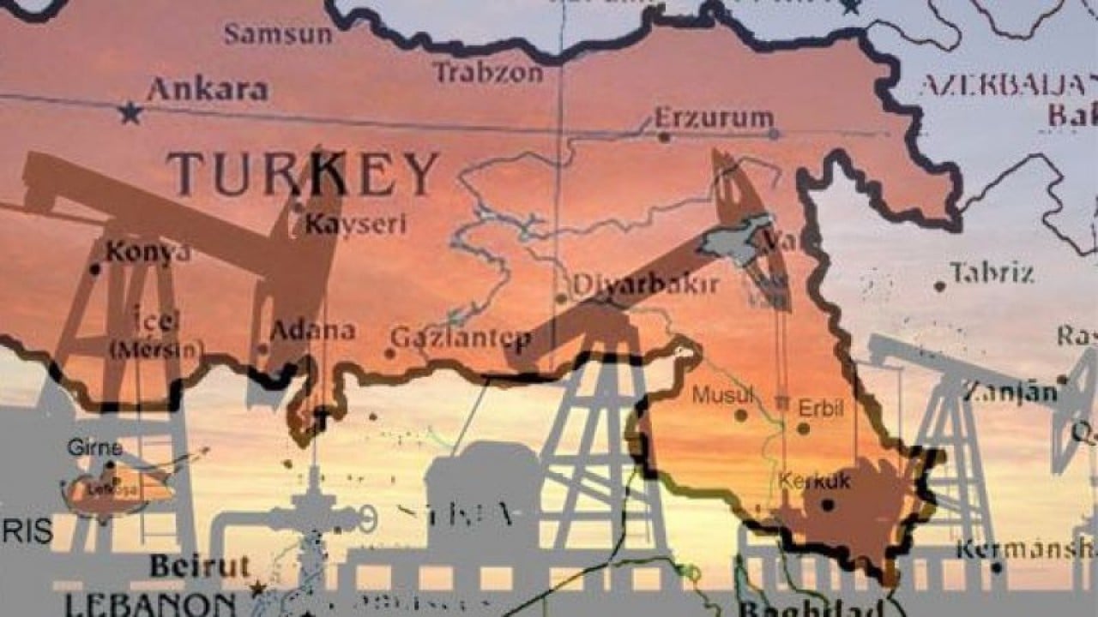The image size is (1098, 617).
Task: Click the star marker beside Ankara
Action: [x=130, y=112]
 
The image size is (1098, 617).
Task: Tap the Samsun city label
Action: [x=278, y=34]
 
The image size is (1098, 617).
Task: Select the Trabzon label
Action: [x=487, y=73]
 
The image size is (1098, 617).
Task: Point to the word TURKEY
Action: [x=303, y=174]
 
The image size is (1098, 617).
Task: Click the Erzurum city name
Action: [x=714, y=117]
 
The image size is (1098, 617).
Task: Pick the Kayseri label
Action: [x=355, y=225]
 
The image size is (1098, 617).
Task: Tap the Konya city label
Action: [x=148, y=251]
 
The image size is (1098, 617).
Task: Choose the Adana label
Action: [x=312, y=331]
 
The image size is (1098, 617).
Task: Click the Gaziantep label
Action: [x=461, y=338]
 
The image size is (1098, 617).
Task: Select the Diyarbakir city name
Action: [x=645, y=285]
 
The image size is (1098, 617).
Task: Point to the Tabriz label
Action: [x=992, y=273]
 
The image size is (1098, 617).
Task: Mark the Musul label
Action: [x=722, y=395]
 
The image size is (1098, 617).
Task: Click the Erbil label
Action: [x=821, y=408]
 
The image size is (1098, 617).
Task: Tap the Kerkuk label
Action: [x=814, y=481]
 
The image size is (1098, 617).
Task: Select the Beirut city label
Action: [x=199, y=566]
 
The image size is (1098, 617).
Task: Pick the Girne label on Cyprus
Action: [x=94, y=447]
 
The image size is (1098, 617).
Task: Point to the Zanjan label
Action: [x=1010, y=392]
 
